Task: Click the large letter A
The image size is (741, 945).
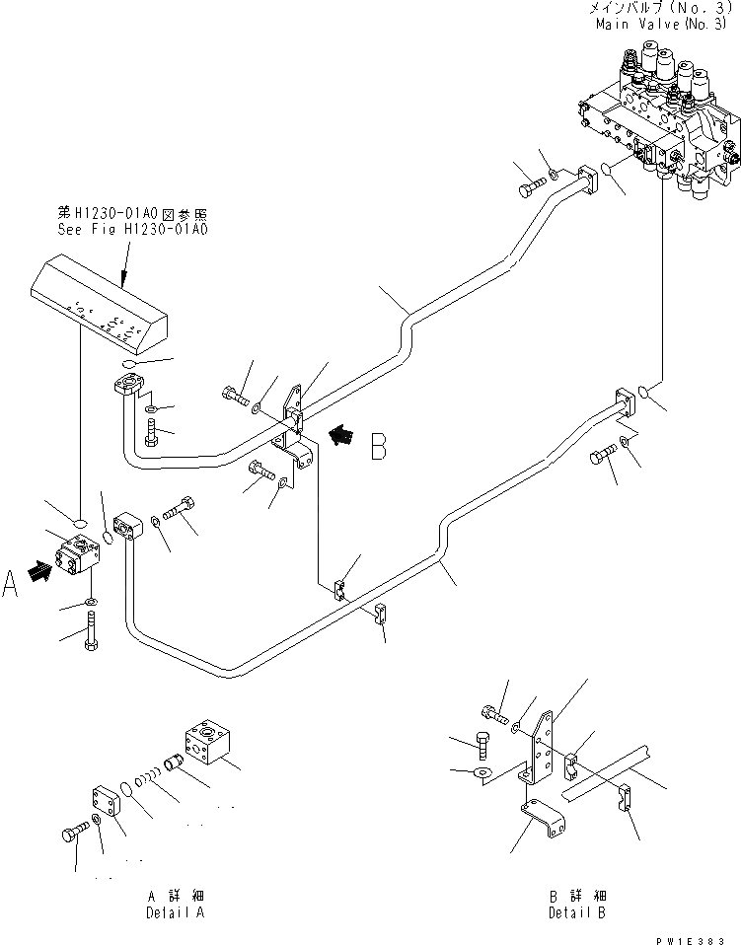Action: tap(12, 586)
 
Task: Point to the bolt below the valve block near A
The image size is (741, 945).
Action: tap(91, 630)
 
